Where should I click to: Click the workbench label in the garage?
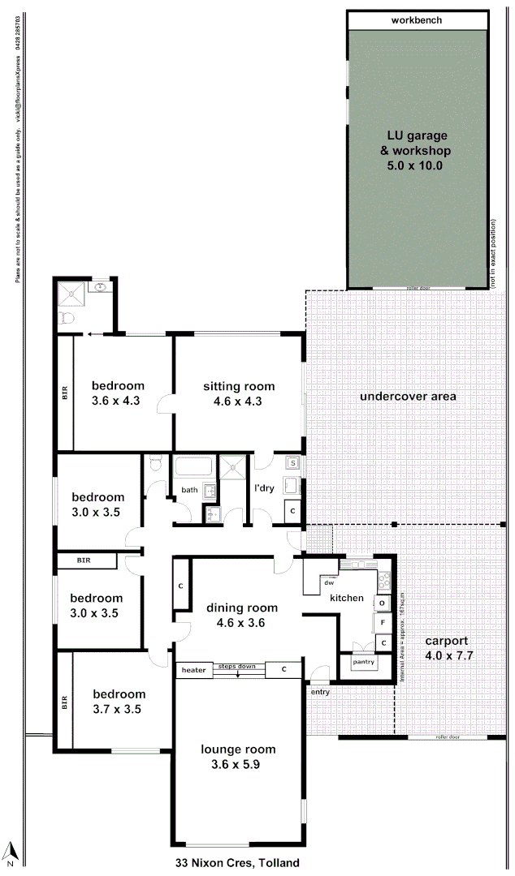coord(417,20)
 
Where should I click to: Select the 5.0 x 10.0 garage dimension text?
coord(417,165)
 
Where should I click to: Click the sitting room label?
coord(239,386)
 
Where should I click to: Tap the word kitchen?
coord(346,598)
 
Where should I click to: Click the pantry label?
coord(362,662)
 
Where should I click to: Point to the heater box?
coord(193,670)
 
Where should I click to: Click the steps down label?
coord(236,667)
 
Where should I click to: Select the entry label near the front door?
coord(320,692)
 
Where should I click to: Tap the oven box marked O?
coord(381,603)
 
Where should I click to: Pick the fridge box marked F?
coord(381,623)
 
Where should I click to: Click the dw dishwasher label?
coord(329,582)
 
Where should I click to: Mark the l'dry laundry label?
coord(265,489)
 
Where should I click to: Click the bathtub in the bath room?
coord(193,467)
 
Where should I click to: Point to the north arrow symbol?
coord(11,852)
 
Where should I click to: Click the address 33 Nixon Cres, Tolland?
coord(237,863)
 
